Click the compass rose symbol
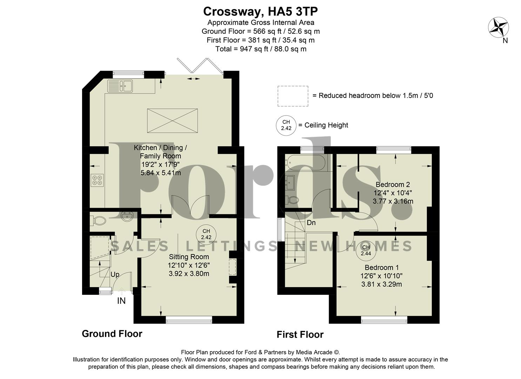(x=499, y=27)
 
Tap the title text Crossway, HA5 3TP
(x=260, y=12)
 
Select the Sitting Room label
(x=189, y=257)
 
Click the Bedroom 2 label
(x=393, y=185)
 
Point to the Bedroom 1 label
(x=381, y=267)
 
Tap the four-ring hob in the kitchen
(x=97, y=180)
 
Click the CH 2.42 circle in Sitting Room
(x=206, y=234)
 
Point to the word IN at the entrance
(x=121, y=301)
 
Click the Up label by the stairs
(x=115, y=274)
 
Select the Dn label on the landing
(x=311, y=223)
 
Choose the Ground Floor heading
(x=112, y=333)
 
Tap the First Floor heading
(x=300, y=334)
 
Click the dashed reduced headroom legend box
(x=293, y=96)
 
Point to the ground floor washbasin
(x=126, y=217)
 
